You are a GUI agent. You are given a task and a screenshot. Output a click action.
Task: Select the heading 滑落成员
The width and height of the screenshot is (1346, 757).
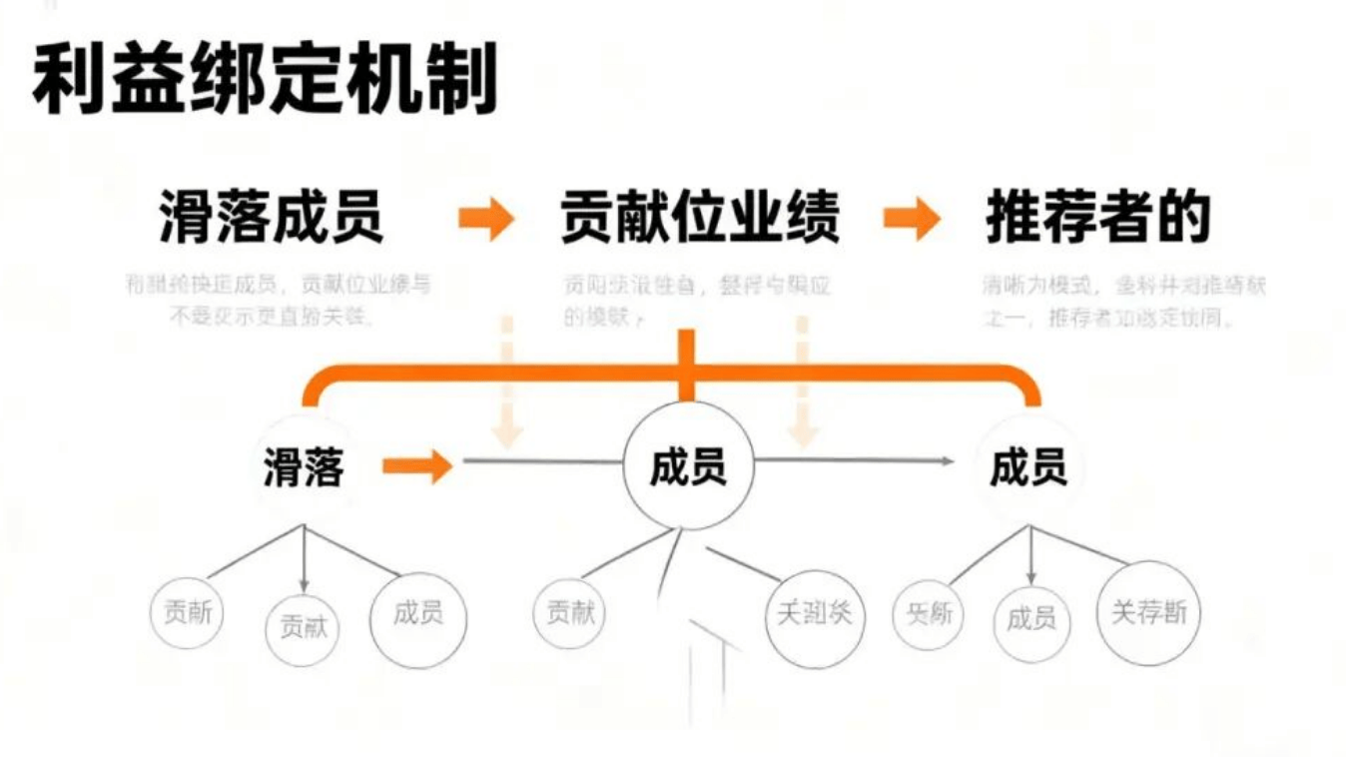(272, 218)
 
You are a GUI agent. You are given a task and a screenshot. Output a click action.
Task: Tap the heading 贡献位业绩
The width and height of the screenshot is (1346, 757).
(699, 218)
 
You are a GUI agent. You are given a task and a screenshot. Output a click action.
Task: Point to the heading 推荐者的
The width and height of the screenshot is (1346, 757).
(1097, 218)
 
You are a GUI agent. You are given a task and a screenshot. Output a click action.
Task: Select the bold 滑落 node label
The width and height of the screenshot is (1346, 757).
(304, 467)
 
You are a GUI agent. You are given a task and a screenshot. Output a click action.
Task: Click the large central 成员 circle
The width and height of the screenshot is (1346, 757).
(688, 466)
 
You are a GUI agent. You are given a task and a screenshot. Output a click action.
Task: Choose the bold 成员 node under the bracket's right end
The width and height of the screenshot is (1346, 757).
(1028, 466)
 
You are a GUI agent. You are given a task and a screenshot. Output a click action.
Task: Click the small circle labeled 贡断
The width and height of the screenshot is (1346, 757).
(188, 612)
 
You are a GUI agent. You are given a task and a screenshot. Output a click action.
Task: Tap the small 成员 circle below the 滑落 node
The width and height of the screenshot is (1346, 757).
(418, 613)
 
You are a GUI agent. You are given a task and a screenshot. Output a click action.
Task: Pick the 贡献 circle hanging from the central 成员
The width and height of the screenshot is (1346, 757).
(570, 612)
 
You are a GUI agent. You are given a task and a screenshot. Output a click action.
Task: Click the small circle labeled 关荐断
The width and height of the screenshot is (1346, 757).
(1149, 612)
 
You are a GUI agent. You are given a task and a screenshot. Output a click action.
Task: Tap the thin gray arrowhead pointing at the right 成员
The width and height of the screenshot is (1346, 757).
(946, 460)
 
